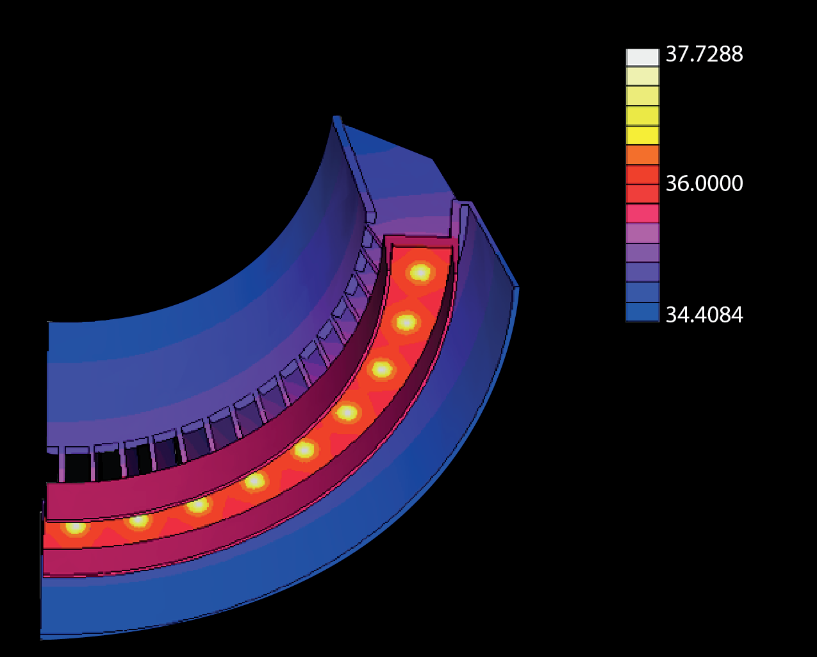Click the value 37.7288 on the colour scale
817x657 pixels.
click(x=704, y=54)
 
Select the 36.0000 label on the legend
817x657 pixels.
click(x=704, y=184)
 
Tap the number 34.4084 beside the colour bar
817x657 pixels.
click(x=704, y=315)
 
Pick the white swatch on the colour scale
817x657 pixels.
click(x=642, y=57)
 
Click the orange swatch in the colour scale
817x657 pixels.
click(x=642, y=155)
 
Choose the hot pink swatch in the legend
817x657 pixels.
click(x=642, y=213)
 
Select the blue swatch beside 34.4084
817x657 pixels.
click(x=642, y=312)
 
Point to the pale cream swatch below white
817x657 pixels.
click(x=642, y=76)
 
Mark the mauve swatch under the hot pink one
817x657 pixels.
click(x=642, y=233)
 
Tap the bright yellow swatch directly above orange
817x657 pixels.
click(x=642, y=135)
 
